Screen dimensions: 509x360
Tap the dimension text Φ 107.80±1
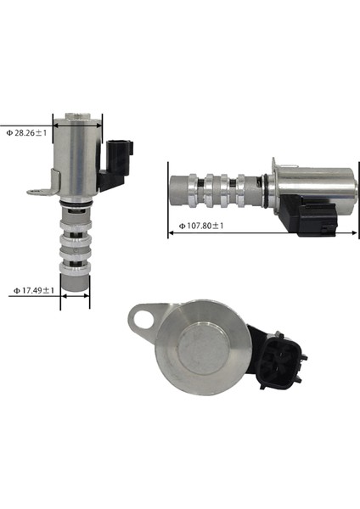click(200, 227)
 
